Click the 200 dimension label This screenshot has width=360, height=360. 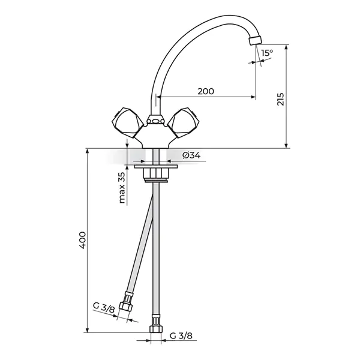(206, 91)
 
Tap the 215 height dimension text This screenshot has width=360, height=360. (281, 99)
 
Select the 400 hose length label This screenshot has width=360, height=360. (82, 240)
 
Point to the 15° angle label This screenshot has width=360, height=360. (267, 53)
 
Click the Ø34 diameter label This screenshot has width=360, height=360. (191, 155)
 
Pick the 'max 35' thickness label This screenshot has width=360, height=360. (122, 188)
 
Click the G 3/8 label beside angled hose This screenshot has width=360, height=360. (104, 308)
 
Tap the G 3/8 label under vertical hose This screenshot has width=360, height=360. (181, 336)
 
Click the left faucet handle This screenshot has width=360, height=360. (127, 122)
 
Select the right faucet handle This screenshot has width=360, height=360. (182, 122)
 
